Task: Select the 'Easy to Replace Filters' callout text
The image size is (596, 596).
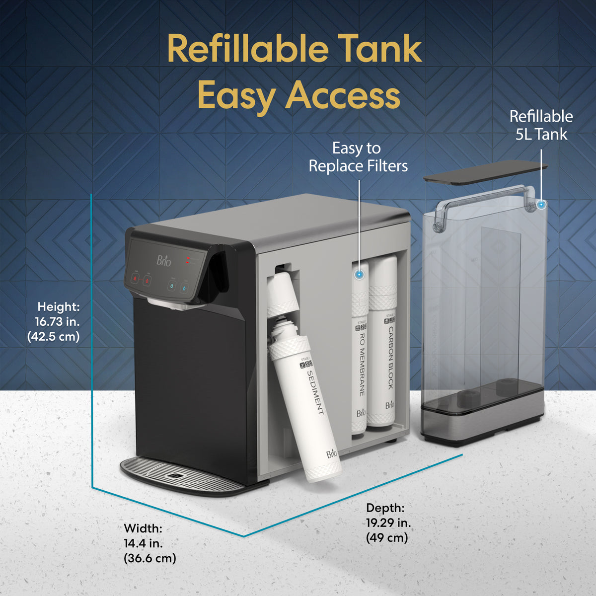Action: click(x=358, y=157)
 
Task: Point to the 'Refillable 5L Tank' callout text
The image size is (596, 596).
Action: click(x=541, y=125)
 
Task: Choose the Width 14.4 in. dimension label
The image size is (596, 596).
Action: click(x=149, y=543)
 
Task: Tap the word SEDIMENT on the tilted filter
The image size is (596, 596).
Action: click(x=315, y=392)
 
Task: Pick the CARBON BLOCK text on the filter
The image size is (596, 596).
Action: click(x=390, y=357)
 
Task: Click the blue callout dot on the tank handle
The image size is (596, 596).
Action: click(x=541, y=204)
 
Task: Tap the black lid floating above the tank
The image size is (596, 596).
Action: click(x=485, y=173)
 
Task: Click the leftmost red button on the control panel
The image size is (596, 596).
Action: click(x=135, y=279)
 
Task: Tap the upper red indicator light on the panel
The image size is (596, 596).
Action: click(x=188, y=257)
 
